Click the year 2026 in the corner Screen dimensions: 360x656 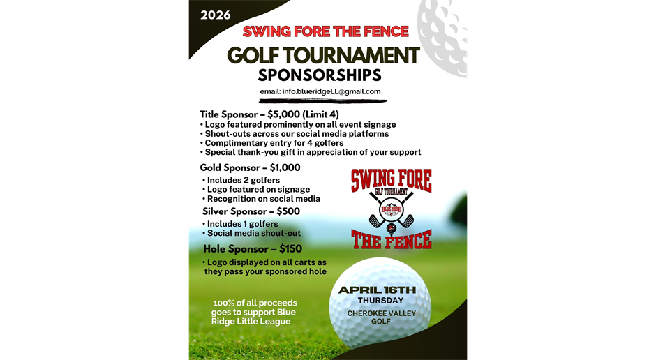(216, 15)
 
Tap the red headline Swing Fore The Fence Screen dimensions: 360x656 (325, 31)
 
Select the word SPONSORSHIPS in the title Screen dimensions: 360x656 (320, 75)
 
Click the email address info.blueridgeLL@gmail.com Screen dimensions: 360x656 (320, 91)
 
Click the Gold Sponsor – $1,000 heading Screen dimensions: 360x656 (250, 167)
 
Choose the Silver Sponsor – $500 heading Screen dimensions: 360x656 (251, 211)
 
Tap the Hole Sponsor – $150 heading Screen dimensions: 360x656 (253, 248)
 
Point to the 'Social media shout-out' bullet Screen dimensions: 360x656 (254, 233)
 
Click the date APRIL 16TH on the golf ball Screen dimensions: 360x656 (377, 290)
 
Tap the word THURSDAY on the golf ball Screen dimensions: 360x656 (380, 301)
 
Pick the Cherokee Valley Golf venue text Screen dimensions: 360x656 (381, 317)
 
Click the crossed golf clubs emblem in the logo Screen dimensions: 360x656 (391, 209)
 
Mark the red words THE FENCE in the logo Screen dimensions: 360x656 (391, 239)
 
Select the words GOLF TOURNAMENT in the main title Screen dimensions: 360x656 (323, 55)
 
